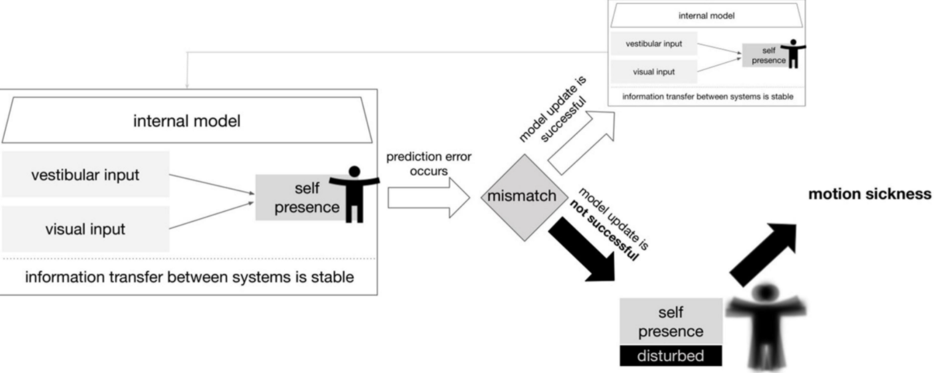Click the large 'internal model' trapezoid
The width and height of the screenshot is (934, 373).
(x=187, y=121)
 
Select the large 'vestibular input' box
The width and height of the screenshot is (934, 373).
(x=85, y=175)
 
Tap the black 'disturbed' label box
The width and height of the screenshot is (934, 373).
(x=671, y=355)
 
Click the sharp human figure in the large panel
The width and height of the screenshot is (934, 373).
(x=354, y=194)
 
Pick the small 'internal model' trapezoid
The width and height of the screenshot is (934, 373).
(x=710, y=17)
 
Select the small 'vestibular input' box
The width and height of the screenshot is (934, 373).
(x=653, y=44)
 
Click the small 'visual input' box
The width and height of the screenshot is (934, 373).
(x=653, y=72)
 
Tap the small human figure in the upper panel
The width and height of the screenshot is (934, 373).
(x=794, y=55)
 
